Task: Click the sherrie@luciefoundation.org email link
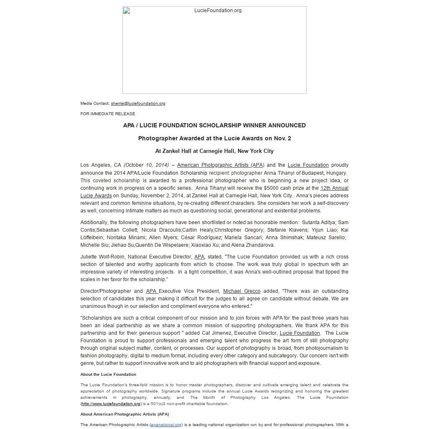click(138, 103)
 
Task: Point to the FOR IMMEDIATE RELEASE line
click(108, 114)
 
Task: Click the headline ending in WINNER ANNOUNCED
click(214, 125)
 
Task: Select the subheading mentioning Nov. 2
click(214, 138)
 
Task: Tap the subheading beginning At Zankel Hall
click(214, 151)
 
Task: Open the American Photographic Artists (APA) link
click(220, 165)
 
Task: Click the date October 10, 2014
click(146, 165)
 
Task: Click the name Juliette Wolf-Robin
click(102, 257)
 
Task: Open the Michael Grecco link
click(241, 291)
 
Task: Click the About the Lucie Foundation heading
click(108, 375)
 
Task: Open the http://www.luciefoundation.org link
click(111, 404)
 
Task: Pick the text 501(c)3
click(155, 404)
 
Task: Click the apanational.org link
click(166, 425)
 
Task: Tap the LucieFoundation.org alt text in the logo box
click(218, 10)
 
